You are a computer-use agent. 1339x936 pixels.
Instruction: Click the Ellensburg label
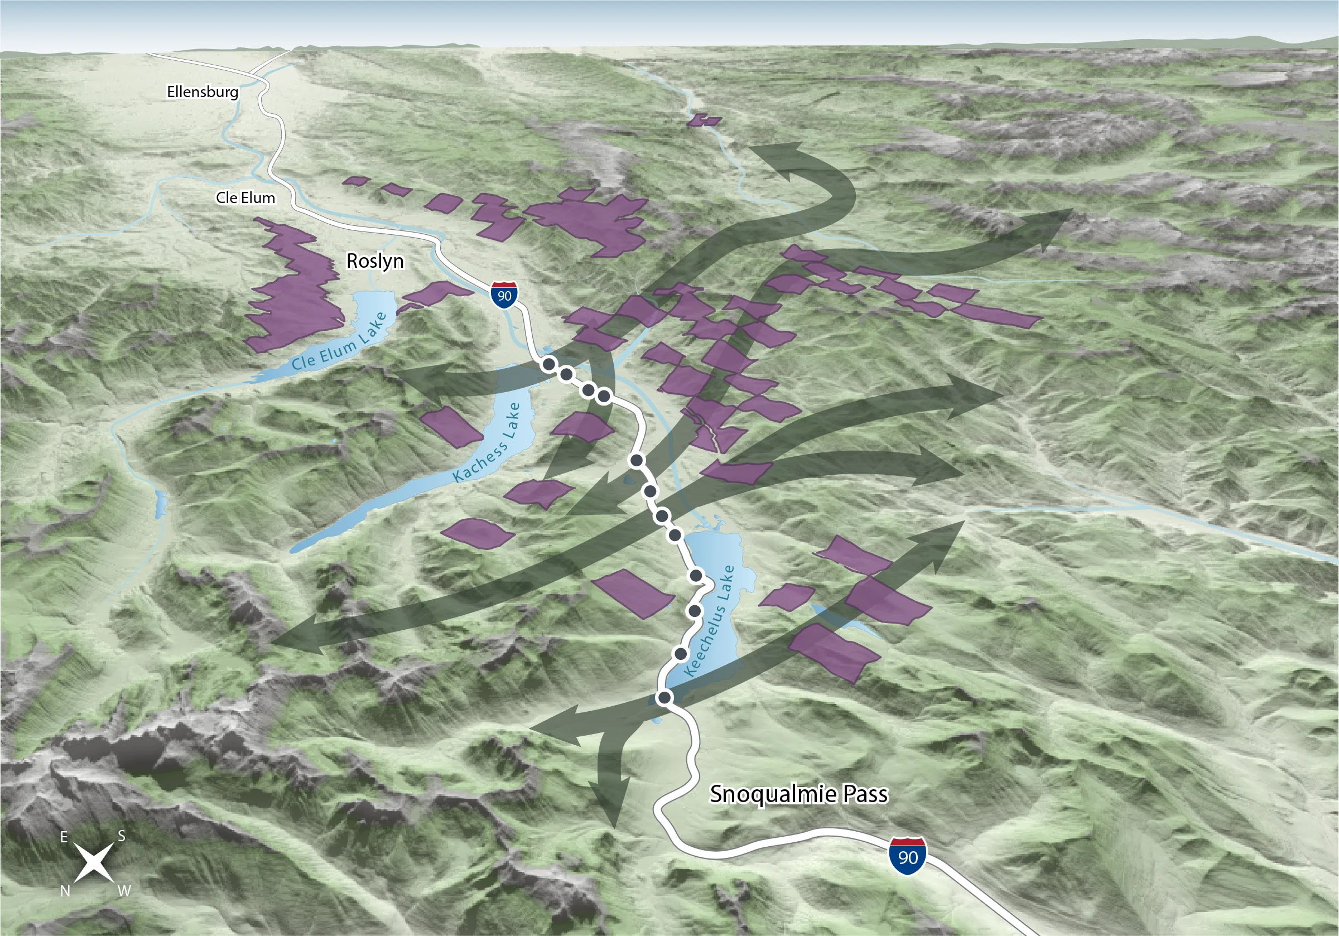tap(203, 92)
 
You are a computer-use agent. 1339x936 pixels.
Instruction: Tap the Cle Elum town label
tap(245, 198)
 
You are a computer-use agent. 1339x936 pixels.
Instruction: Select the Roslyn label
tap(375, 260)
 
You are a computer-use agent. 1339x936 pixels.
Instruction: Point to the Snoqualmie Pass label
tap(798, 794)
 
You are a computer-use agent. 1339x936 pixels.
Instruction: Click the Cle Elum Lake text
tap(339, 342)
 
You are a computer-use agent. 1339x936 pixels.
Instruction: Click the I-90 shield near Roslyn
tap(504, 295)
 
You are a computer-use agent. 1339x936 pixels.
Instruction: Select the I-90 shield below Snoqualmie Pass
tap(907, 857)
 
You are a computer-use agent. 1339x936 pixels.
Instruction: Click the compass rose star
tap(94, 863)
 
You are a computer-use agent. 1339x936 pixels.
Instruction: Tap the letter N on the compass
tap(65, 891)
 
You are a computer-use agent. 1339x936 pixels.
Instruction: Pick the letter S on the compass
tap(121, 836)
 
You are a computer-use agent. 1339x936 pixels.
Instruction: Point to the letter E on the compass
tap(64, 837)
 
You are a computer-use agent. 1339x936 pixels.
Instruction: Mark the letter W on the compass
tap(124, 891)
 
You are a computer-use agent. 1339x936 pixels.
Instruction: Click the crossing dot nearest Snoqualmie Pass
tap(664, 697)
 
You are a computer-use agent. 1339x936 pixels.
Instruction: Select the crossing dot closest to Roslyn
tap(549, 364)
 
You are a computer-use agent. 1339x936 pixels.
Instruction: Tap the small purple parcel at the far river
tap(704, 120)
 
